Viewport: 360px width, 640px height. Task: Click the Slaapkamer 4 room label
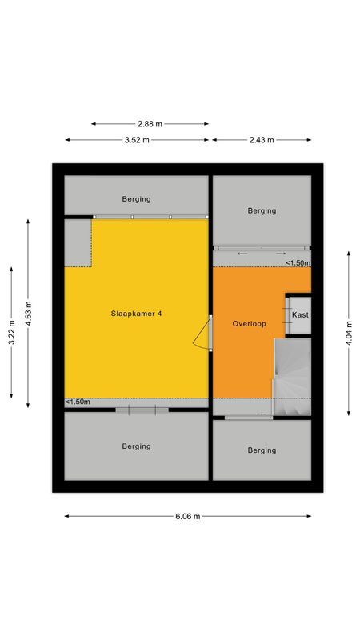coord(137,314)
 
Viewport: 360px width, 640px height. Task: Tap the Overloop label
coord(249,324)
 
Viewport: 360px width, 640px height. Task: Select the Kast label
coord(300,315)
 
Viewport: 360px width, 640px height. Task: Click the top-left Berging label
coord(136,199)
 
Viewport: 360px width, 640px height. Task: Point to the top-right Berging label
coord(262,211)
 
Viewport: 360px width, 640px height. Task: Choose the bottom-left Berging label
coord(136,446)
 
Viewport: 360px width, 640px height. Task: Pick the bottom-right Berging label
coord(262,450)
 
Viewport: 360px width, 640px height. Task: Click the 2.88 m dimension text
coord(150,124)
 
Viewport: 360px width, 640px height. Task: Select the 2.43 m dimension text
coord(262,140)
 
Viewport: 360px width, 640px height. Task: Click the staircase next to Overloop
coord(292,376)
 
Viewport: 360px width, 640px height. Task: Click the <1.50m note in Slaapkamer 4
coord(78,402)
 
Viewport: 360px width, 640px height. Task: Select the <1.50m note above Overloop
coord(298,263)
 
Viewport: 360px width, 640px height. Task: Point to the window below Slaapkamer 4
coord(142,410)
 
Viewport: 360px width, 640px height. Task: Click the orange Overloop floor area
coord(240,360)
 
